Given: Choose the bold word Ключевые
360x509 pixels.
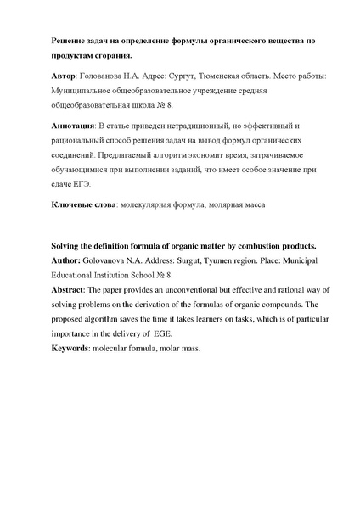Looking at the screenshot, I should click(x=67, y=206).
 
